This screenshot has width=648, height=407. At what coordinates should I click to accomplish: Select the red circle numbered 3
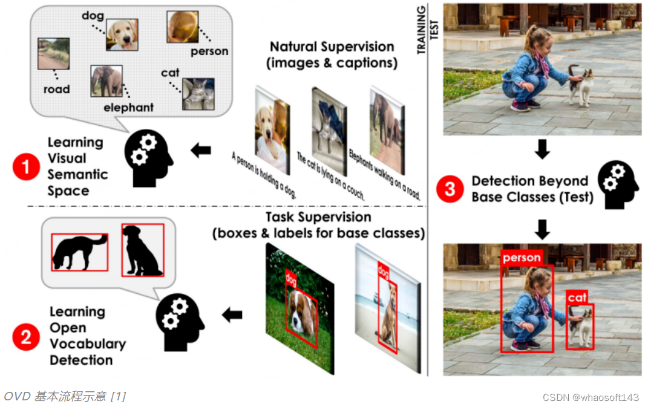pos(450,189)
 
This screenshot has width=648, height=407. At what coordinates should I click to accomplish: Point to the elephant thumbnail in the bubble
pos(106,82)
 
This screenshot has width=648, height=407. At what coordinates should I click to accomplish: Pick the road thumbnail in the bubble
pos(52,53)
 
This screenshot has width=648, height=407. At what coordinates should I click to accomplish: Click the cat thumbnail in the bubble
pos(198,94)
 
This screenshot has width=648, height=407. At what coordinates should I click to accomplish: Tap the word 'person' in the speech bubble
pos(209,51)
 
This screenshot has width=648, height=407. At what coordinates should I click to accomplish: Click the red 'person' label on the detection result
pos(522,258)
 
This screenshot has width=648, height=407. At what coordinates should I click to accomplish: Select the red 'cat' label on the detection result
pos(577,297)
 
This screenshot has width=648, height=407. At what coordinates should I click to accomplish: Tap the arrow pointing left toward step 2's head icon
pos(232,314)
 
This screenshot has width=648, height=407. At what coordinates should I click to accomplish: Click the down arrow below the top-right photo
pos(542,149)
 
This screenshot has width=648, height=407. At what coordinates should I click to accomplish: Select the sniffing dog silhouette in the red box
pos(79,252)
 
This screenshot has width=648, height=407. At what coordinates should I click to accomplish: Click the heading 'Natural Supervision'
pos(332,47)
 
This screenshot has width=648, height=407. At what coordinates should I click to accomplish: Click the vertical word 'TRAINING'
pos(422,29)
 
